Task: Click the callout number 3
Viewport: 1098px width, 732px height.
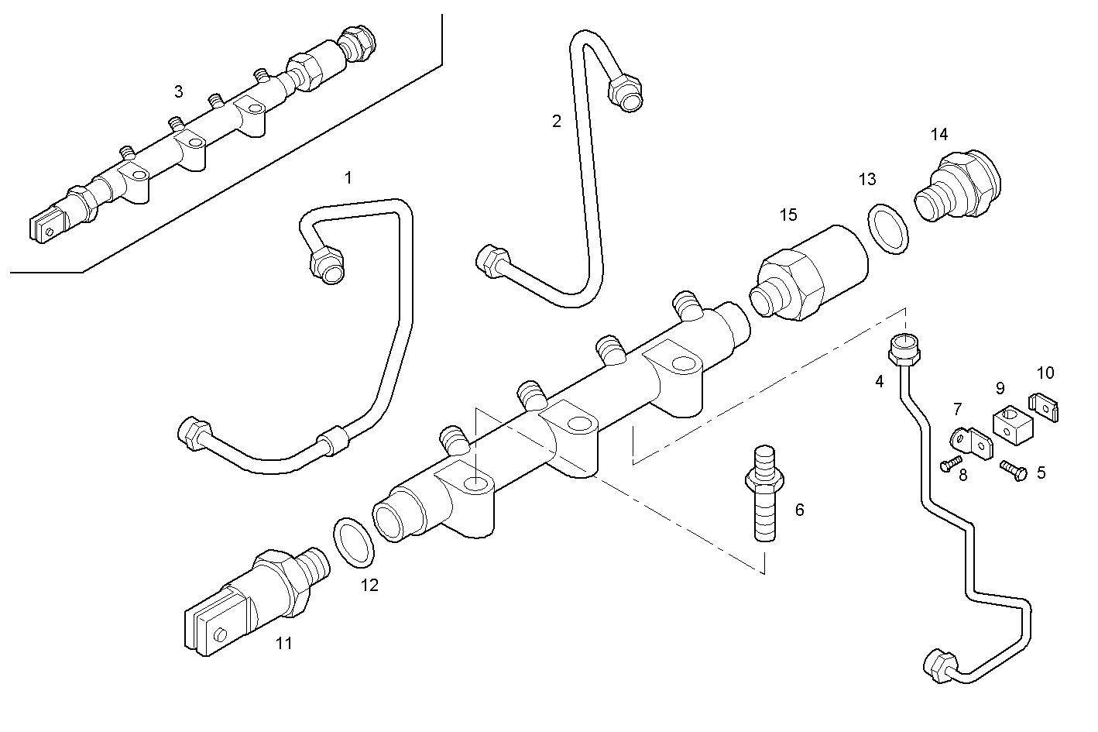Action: coord(179,92)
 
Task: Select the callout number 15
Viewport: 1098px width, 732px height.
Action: coord(787,215)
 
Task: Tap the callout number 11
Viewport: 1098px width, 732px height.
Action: coord(284,643)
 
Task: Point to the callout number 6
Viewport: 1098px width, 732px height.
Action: coord(800,510)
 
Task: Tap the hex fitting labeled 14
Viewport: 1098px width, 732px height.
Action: coord(960,184)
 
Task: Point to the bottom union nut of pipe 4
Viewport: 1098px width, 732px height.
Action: coord(940,665)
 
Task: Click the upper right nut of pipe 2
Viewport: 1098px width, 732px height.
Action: coord(626,93)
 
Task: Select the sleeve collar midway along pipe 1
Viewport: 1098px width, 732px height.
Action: coord(334,441)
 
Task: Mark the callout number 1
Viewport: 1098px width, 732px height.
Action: coord(348,178)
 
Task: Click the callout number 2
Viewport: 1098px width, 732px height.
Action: coord(556,121)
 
